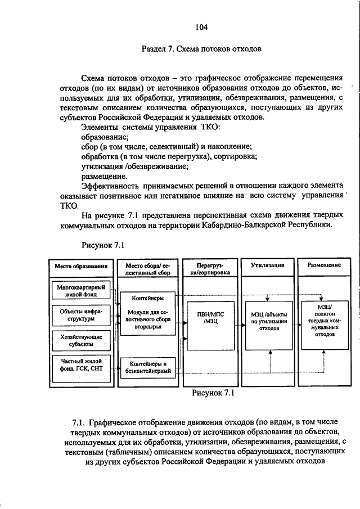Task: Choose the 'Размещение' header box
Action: (x=325, y=265)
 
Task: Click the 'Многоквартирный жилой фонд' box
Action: (x=82, y=291)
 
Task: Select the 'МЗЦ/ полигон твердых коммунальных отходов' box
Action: (x=325, y=320)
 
